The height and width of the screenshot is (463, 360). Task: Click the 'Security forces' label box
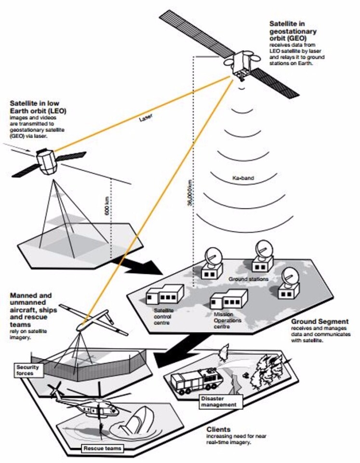(30, 370)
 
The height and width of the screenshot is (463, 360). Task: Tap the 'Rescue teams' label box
(101, 449)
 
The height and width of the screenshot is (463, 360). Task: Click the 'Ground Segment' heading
(317, 322)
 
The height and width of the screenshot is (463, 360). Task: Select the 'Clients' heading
(218, 429)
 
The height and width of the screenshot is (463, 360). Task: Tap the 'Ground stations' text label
(248, 279)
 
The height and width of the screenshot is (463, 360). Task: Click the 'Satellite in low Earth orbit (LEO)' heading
(39, 107)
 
